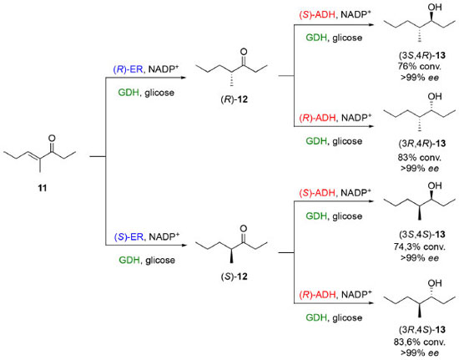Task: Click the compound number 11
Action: point(43,188)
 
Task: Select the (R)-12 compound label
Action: point(234,99)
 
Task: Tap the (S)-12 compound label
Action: point(234,276)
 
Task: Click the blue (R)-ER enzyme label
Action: point(129,69)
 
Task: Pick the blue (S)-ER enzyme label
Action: point(129,236)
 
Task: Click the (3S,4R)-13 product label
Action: point(421,55)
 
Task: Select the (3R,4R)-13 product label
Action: point(421,144)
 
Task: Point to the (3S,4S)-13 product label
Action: point(421,235)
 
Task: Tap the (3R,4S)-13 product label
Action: point(421,330)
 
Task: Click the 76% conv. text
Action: point(419,67)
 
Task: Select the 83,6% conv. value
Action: point(419,342)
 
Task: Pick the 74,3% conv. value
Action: point(419,246)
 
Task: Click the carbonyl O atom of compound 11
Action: point(52,138)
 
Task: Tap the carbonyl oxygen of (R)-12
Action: point(244,52)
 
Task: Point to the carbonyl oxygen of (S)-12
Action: point(244,229)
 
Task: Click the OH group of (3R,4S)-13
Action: point(435,283)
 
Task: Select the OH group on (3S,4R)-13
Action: point(435,7)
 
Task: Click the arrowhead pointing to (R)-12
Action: point(184,78)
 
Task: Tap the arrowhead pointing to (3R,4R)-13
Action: point(371,126)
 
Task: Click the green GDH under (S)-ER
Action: point(129,260)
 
